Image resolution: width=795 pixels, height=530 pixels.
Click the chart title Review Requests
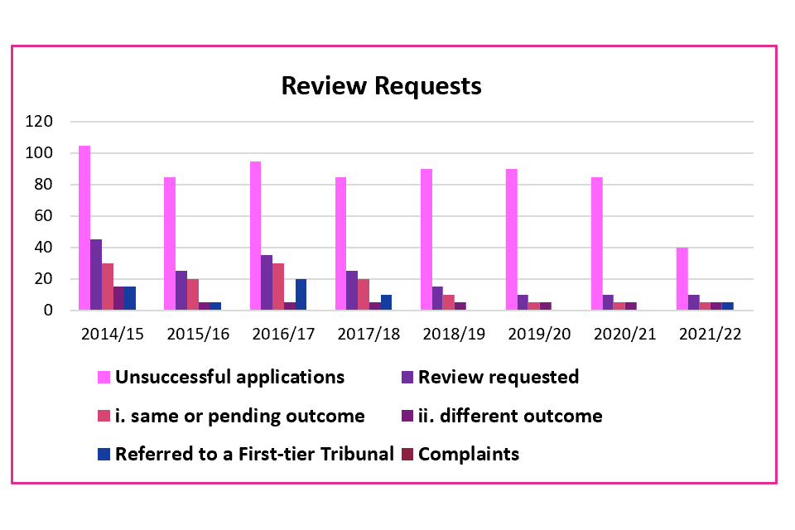381,86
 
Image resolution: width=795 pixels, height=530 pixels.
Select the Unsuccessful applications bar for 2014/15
84,228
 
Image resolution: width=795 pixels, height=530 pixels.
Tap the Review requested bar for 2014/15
96,275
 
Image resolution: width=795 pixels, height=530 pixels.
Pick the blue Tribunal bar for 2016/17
301,295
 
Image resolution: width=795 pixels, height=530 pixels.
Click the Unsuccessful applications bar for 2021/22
682,279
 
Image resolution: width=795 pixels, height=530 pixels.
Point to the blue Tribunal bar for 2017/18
386,302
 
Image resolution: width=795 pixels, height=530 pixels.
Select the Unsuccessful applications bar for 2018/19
426,239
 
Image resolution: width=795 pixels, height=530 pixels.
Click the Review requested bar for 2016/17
267,282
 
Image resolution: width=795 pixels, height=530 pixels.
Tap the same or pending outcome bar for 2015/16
193,295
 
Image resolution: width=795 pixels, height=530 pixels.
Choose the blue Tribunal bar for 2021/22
727,306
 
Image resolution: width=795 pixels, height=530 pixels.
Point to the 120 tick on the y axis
63,122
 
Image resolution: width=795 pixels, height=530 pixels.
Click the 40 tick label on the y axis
67,248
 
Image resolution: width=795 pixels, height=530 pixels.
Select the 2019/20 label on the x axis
538,335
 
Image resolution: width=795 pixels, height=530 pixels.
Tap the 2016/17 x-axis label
284,335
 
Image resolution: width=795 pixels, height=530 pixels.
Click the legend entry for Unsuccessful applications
229,378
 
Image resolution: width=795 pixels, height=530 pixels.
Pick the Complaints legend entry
469,454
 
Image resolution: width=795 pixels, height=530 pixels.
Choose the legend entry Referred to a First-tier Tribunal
254,454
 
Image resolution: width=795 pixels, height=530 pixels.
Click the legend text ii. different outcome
510,416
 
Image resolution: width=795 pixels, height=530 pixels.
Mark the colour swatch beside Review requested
407,378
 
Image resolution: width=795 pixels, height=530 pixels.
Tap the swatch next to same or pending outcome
104,416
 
